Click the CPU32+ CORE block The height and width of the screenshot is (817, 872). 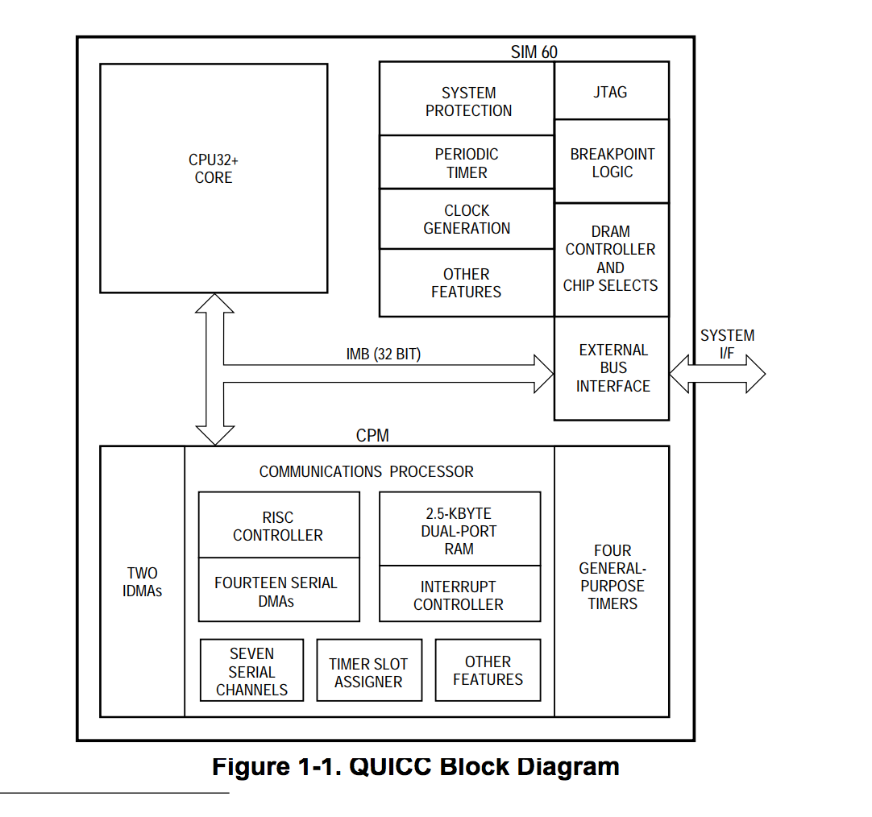point(214,177)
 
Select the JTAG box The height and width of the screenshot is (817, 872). point(611,92)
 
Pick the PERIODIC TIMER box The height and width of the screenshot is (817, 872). point(467,163)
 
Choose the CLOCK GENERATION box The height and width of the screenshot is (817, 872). point(467,219)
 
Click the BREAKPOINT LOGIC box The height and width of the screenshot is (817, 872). point(612,162)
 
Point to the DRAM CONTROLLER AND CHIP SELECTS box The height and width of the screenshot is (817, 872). point(611,259)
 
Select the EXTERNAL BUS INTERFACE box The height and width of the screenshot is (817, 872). point(612,368)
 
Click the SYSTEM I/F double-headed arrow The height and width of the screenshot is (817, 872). point(717,374)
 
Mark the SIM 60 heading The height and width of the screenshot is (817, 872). point(534,52)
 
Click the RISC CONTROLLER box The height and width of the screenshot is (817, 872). point(278,525)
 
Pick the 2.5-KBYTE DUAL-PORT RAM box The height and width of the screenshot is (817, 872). point(459,530)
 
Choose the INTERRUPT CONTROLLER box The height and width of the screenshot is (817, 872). point(459,595)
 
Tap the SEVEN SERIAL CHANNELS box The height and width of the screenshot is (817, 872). point(251,671)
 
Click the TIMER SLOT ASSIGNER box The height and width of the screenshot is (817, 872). point(368,672)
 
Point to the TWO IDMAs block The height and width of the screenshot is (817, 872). point(143,582)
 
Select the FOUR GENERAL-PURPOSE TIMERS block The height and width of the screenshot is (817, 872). point(612,577)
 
